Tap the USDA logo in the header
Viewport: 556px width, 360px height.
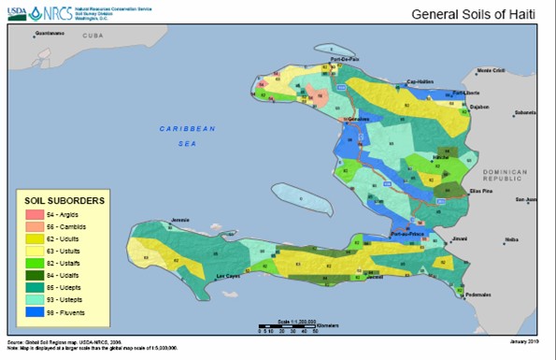[16, 13]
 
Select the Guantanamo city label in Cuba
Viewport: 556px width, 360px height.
[50, 34]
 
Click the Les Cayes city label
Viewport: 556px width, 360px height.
[230, 278]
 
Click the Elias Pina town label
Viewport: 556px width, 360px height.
[466, 192]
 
